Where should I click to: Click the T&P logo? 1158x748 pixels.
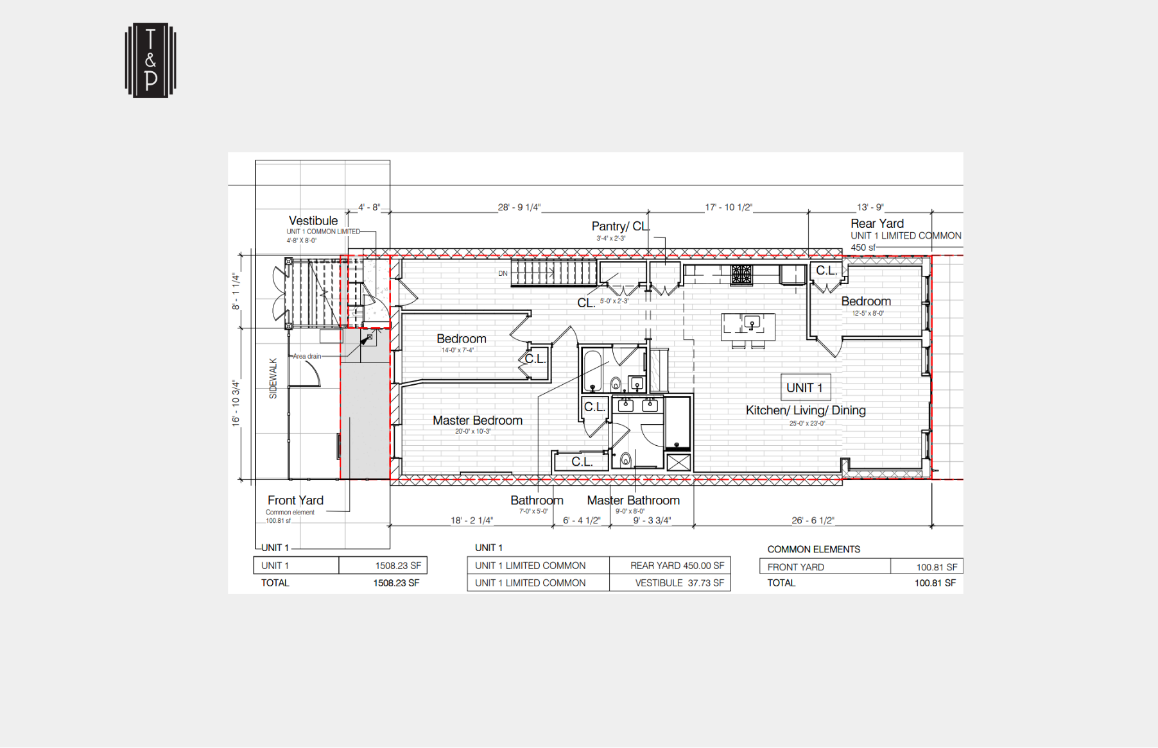coord(150,61)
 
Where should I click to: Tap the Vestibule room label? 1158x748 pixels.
coord(313,221)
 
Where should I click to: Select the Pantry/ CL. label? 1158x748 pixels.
coord(620,226)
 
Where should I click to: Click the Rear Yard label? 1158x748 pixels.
coord(877,223)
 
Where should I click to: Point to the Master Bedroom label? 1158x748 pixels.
coord(477,420)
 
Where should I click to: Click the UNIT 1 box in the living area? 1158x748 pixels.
coord(805,387)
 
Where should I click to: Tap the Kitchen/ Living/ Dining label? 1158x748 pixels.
coord(805,411)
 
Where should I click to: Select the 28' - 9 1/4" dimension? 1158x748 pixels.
coord(519,207)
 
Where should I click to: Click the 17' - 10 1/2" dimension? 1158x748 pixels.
coord(728,207)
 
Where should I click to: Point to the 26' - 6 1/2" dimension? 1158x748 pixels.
coord(812,520)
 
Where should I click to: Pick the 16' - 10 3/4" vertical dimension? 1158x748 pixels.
coord(236,403)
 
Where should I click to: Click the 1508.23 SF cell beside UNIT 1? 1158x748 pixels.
coord(383,565)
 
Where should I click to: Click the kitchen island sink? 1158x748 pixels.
coord(752,322)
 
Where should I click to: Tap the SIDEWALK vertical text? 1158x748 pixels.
coord(273,378)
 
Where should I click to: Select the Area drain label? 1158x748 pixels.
coord(307,356)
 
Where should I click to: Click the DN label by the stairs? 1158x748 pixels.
coord(503,273)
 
